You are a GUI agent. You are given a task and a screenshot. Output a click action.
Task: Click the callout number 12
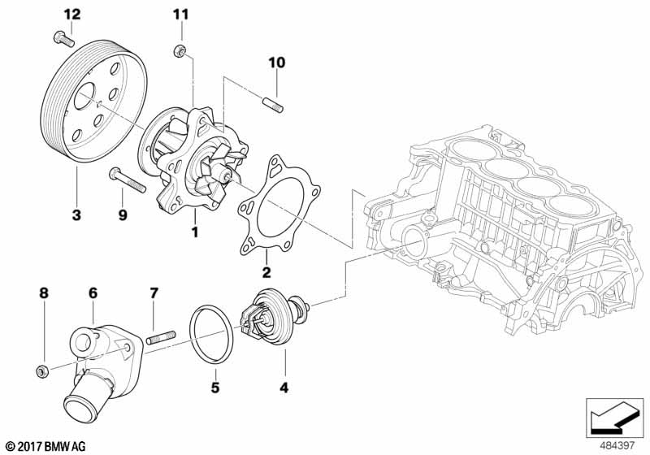pyautogui.click(x=72, y=14)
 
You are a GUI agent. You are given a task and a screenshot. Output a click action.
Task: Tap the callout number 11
pyautogui.click(x=180, y=14)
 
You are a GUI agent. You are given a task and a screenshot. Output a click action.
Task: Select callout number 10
pyautogui.click(x=277, y=62)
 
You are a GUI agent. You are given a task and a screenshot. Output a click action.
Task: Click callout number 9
pyautogui.click(x=123, y=214)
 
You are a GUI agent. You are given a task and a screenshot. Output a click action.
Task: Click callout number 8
pyautogui.click(x=45, y=291)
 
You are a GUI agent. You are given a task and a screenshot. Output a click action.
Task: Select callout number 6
pyautogui.click(x=93, y=291)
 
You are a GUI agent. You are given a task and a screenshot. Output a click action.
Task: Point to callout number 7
pyautogui.click(x=153, y=291)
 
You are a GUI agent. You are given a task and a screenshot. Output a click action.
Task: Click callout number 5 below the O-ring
pyautogui.click(x=215, y=388)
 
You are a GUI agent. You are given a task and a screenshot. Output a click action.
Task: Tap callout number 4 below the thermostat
pyautogui.click(x=284, y=388)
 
